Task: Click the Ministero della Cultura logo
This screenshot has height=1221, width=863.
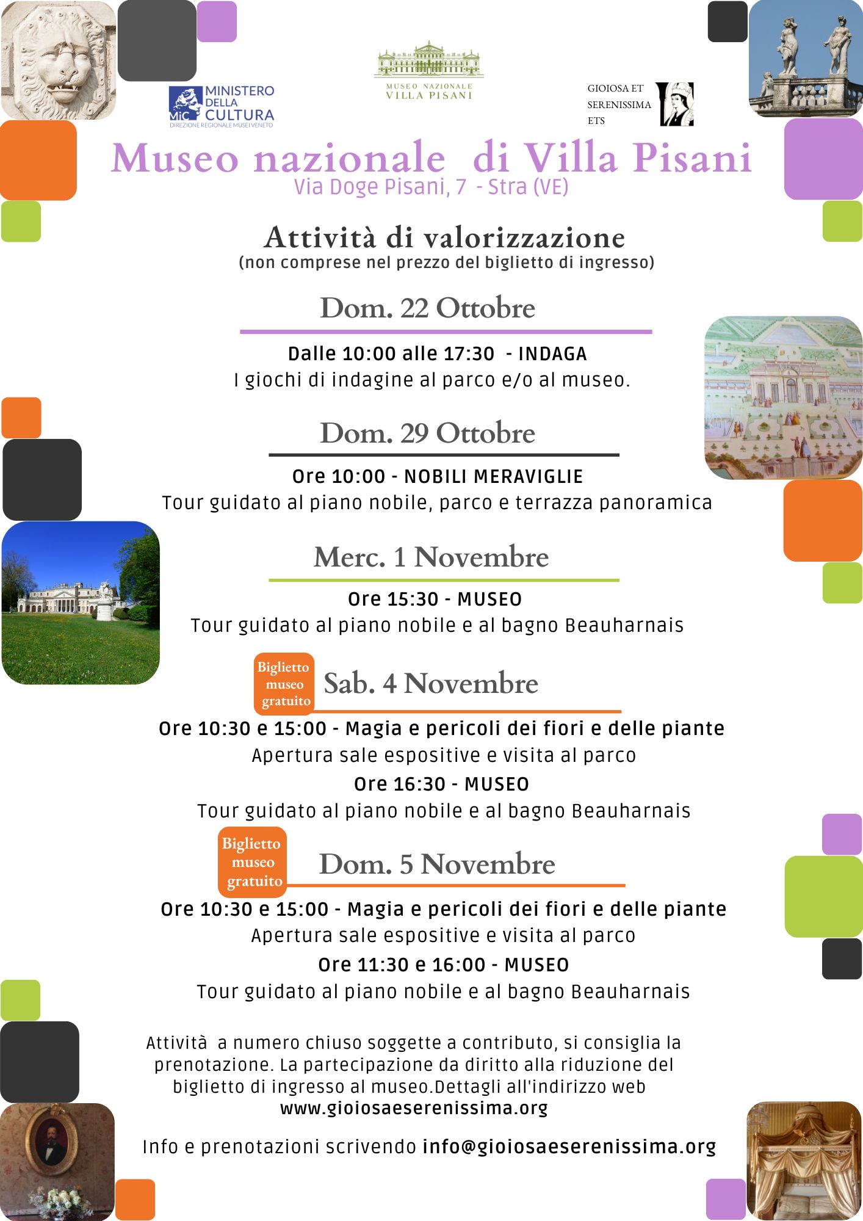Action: pyautogui.click(x=222, y=107)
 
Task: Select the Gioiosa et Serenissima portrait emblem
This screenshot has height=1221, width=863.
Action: pyautogui.click(x=677, y=104)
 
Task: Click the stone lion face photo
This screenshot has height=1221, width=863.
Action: pyautogui.click(x=58, y=59)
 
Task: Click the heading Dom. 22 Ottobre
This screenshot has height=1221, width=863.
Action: pyautogui.click(x=427, y=308)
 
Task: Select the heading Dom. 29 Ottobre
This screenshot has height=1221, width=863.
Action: pyautogui.click(x=427, y=433)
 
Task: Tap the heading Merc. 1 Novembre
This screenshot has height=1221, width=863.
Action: pyautogui.click(x=431, y=557)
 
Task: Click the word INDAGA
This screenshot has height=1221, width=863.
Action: pyautogui.click(x=552, y=354)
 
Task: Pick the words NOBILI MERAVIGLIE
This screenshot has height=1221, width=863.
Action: pyautogui.click(x=494, y=477)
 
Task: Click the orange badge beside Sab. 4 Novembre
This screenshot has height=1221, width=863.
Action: pyautogui.click(x=284, y=684)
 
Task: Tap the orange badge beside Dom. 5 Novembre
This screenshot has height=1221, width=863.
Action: pyautogui.click(x=252, y=862)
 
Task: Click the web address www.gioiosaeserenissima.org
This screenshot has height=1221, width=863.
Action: pyautogui.click(x=414, y=1108)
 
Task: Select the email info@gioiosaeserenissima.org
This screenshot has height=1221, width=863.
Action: pyautogui.click(x=569, y=1147)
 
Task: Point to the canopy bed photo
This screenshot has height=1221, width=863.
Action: pyautogui.click(x=804, y=1160)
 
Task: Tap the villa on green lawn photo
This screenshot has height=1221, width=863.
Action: pyautogui.click(x=81, y=603)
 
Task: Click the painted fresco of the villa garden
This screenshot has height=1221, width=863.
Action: pyautogui.click(x=784, y=397)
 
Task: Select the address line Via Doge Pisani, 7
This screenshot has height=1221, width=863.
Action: pyautogui.click(x=380, y=187)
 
